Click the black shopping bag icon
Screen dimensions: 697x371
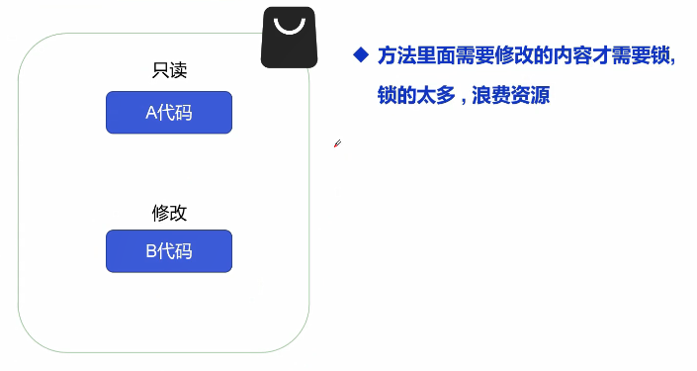[289, 38]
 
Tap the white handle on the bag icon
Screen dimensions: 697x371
[290, 28]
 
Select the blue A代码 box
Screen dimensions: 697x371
[169, 113]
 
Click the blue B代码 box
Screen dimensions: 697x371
[169, 251]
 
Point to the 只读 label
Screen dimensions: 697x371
[169, 70]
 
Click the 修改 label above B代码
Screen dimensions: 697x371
[169, 213]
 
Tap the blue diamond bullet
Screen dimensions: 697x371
[361, 54]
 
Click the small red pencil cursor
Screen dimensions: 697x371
[337, 143]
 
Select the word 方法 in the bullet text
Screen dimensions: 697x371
[397, 56]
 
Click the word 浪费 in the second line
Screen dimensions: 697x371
[490, 95]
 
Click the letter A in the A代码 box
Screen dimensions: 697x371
[151, 113]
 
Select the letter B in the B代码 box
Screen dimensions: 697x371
[151, 251]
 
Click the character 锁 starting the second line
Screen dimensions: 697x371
[388, 95]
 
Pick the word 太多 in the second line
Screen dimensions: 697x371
[436, 95]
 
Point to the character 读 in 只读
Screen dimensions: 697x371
[178, 70]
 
